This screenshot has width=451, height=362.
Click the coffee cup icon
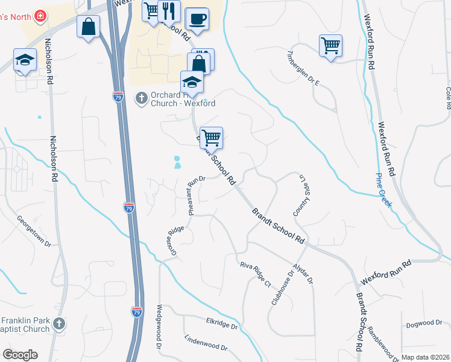click(197, 19)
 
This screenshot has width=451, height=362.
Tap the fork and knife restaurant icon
click(168, 11)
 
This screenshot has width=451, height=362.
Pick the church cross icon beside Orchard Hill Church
click(141, 97)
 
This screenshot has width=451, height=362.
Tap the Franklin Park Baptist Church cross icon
click(58, 324)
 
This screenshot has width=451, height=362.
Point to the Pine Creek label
click(383, 191)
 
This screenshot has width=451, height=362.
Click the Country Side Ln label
click(297, 195)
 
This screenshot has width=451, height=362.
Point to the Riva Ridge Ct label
click(256, 274)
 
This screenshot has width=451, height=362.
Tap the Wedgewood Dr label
click(160, 326)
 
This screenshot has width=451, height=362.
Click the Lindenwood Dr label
click(206, 344)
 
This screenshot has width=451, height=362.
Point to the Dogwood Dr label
click(424, 324)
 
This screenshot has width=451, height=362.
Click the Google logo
click(20, 355)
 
